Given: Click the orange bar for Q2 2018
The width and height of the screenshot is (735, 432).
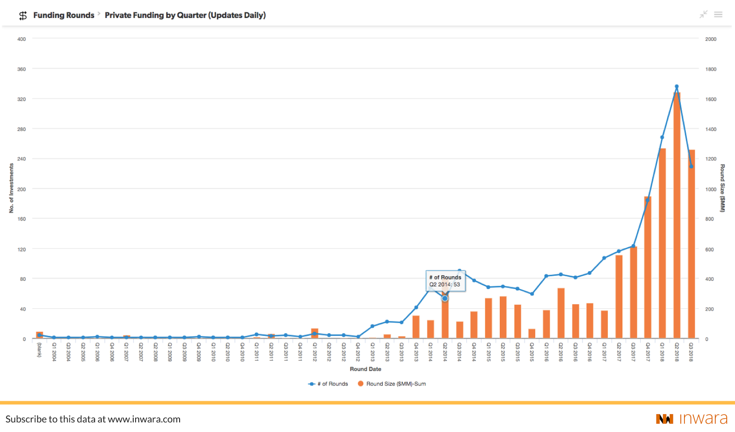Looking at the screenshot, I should point(677,216).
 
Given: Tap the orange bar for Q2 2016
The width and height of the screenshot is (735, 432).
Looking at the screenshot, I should point(561,313).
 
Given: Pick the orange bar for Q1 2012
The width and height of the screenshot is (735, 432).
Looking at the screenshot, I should point(315,334).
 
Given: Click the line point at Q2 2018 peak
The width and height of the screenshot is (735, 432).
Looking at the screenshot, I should point(677,86).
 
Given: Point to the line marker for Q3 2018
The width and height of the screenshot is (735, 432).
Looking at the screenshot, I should point(691,166).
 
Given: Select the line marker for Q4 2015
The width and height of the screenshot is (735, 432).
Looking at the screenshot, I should point(532,294).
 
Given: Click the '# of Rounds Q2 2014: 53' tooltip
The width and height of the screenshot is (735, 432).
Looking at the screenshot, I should point(445,281).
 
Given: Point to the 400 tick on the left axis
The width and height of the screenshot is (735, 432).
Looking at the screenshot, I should point(22,39).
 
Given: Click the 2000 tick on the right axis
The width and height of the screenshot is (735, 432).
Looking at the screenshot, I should point(711,39).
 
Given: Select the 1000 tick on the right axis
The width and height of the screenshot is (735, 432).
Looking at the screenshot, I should point(711,189).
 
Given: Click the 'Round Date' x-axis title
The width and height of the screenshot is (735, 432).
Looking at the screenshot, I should point(365,369).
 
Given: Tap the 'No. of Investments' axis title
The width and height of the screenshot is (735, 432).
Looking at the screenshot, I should point(11,188).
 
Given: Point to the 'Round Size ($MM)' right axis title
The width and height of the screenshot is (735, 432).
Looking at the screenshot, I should point(722,188).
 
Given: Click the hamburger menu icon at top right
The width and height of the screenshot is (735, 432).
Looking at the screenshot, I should point(718,15).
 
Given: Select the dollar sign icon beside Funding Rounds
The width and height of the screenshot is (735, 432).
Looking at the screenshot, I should point(23,16).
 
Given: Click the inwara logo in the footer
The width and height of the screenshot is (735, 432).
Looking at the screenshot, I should point(692,419).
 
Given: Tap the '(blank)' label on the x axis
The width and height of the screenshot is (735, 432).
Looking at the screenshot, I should point(40,350).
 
